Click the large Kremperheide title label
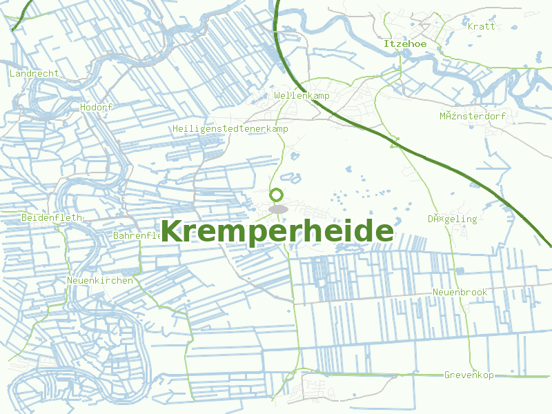277,231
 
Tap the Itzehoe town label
405,43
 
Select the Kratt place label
482,26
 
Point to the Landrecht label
34,73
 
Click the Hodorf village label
96,107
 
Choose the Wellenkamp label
302,95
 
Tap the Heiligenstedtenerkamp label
230,129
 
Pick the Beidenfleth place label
52,217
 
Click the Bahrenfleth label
137,235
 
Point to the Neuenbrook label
460,292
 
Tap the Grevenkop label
469,375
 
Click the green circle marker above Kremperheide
277,195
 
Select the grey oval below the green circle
278,208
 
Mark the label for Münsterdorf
473,116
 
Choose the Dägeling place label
452,219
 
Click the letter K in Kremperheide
172,231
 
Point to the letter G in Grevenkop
447,375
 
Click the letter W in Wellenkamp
277,95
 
